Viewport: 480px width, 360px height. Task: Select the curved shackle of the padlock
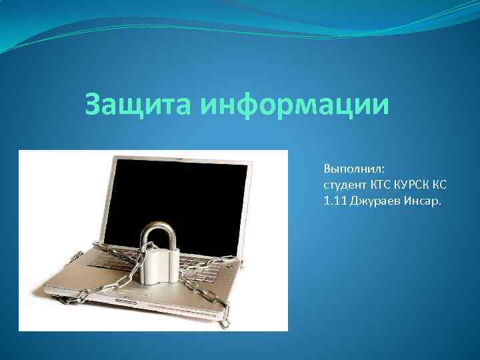point(159,233)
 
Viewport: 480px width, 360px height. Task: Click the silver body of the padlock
point(160,264)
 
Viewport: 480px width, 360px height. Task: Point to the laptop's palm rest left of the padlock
point(100,283)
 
